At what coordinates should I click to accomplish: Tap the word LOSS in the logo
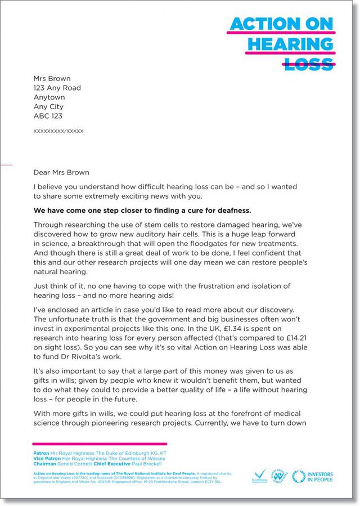[x=309, y=64]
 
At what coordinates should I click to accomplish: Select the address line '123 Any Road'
[x=57, y=88]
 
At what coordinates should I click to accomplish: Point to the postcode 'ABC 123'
[x=48, y=116]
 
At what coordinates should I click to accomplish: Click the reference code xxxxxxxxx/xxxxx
[x=58, y=131]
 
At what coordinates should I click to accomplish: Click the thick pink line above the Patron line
[x=100, y=444]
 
